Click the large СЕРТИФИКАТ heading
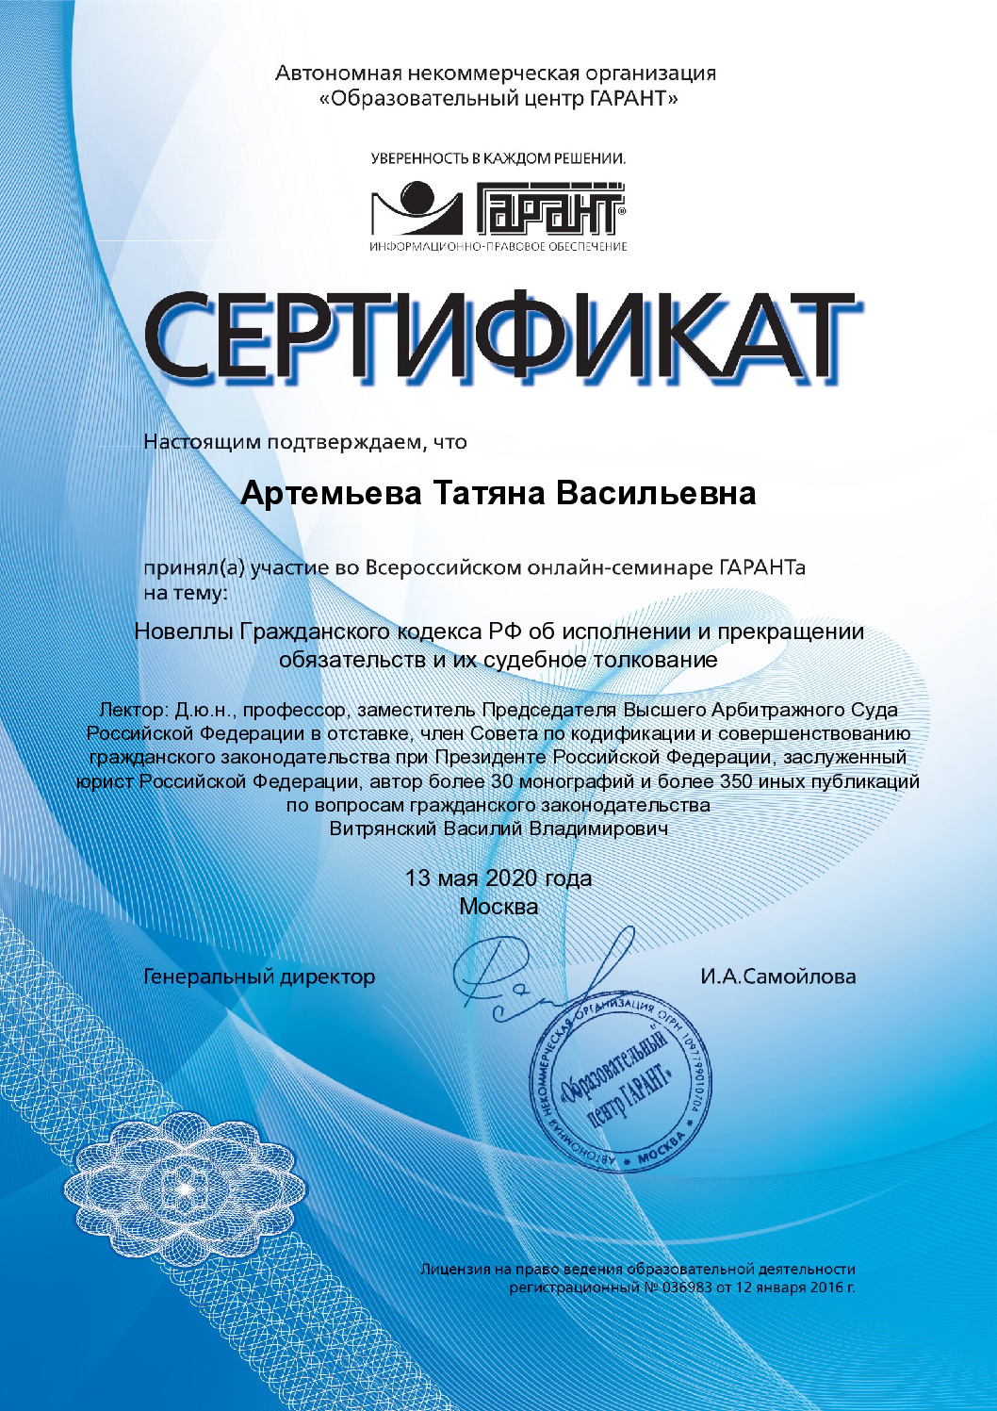click(499, 335)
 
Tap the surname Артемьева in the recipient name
click(331, 493)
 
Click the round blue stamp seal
click(620, 1084)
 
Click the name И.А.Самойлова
click(777, 976)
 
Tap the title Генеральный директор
click(259, 976)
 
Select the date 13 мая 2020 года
click(498, 878)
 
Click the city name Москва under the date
click(498, 907)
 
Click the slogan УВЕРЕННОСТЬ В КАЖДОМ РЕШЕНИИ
click(498, 158)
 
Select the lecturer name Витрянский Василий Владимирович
click(498, 829)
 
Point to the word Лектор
click(133, 710)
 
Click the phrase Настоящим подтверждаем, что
click(304, 442)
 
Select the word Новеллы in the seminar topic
click(183, 632)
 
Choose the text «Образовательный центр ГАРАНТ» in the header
click(498, 98)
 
